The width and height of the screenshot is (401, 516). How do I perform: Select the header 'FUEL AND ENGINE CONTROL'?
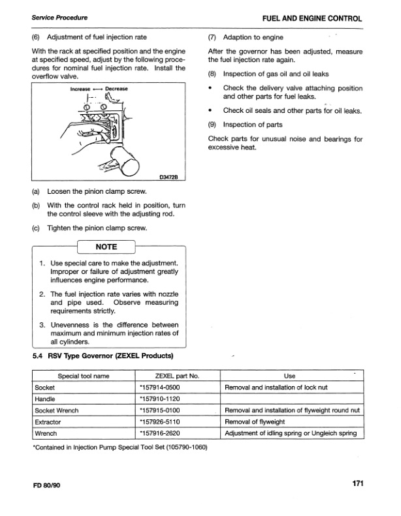coord(312,20)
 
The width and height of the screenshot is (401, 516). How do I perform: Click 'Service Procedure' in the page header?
coord(56,20)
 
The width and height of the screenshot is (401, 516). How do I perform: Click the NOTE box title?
coord(106,247)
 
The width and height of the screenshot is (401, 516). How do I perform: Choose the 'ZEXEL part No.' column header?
coord(177,376)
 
